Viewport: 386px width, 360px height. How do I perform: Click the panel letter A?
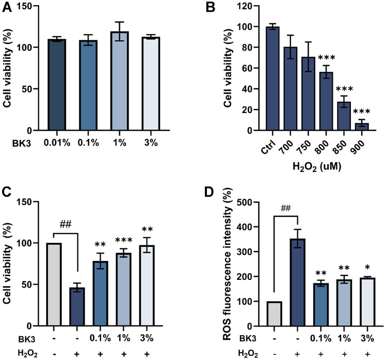coord(7,7)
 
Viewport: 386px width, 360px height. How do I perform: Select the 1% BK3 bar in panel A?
coord(120,81)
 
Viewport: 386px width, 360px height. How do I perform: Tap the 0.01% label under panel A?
coord(57,143)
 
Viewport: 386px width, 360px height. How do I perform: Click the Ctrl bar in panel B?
coord(272,79)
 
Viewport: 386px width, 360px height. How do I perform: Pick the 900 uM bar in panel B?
coord(362,127)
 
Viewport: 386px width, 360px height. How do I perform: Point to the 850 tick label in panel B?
coord(340,147)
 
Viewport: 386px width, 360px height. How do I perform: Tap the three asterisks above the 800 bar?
coord(327,58)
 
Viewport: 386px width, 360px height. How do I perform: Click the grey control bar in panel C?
coord(55,285)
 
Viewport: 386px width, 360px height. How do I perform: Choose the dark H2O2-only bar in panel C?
coord(77,306)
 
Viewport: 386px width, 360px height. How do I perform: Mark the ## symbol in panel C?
coord(66,225)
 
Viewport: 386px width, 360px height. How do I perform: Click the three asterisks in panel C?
coord(124,240)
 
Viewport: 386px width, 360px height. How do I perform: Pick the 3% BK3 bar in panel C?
coord(147,286)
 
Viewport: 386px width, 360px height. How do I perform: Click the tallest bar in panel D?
coord(298,283)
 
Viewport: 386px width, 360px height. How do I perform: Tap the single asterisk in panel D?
coord(367,268)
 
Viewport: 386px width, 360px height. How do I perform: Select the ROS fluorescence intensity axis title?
coord(228,263)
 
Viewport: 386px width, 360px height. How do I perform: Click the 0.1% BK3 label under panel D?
coord(320,338)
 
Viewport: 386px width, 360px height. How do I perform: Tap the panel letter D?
coord(209,193)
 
